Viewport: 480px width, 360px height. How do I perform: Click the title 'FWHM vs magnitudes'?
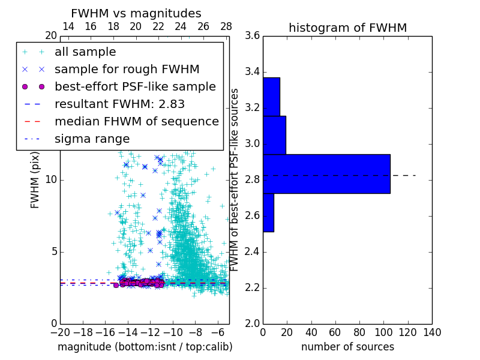click(x=136, y=13)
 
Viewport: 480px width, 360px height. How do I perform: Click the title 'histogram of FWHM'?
click(x=347, y=28)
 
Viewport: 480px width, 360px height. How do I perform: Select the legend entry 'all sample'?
click(x=85, y=52)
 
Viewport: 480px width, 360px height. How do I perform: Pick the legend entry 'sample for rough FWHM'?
click(x=127, y=70)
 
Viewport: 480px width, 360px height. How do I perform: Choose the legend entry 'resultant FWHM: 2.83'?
click(x=119, y=104)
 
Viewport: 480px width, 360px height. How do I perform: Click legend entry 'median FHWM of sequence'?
click(x=136, y=121)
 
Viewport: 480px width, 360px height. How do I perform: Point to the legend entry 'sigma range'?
click(x=92, y=139)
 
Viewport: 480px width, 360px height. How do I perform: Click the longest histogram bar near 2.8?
click(x=326, y=174)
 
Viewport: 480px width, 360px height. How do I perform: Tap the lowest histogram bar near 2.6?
click(x=268, y=212)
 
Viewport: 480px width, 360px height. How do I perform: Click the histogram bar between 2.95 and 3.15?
click(x=274, y=135)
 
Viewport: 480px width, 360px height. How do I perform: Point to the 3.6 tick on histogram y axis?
click(x=253, y=36)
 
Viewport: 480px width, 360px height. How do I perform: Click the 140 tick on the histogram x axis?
click(x=432, y=332)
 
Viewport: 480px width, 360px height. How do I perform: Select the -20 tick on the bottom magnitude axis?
click(x=60, y=332)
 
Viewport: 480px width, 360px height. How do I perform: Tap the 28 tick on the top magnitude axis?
click(x=226, y=26)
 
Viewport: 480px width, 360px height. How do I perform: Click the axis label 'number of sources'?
click(x=347, y=347)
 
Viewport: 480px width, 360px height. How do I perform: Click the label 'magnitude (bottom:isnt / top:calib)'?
click(x=145, y=347)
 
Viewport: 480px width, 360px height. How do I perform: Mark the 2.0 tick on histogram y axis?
click(x=253, y=323)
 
